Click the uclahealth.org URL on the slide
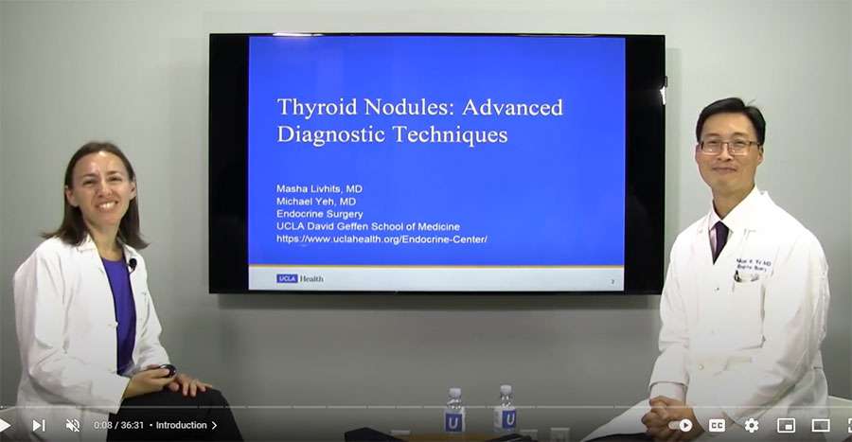pyautogui.click(x=382, y=239)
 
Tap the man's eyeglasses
pyautogui.click(x=728, y=146)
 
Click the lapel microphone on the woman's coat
pyautogui.click(x=133, y=264)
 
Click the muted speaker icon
pyautogui.click(x=73, y=425)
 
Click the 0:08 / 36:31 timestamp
pyautogui.click(x=118, y=425)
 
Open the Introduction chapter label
pyautogui.click(x=186, y=425)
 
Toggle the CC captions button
pyautogui.click(x=717, y=425)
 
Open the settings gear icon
pyautogui.click(x=751, y=425)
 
